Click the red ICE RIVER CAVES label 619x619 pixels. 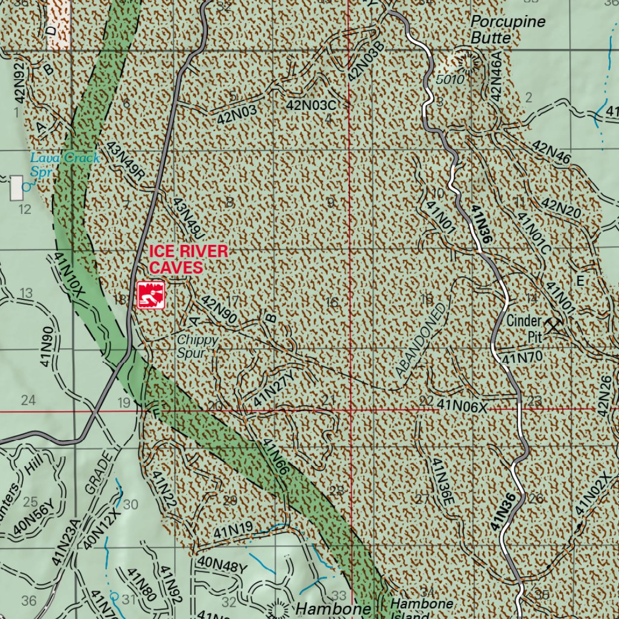(188, 259)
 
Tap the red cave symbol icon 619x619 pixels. (151, 295)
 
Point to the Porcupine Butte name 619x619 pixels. (506, 30)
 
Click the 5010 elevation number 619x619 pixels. (449, 79)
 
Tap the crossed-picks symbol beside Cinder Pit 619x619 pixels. (552, 325)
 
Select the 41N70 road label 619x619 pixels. (521, 357)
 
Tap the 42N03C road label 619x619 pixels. (311, 105)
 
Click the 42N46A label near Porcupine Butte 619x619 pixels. (497, 76)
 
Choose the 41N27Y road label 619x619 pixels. (274, 387)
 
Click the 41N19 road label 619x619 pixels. (233, 530)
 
